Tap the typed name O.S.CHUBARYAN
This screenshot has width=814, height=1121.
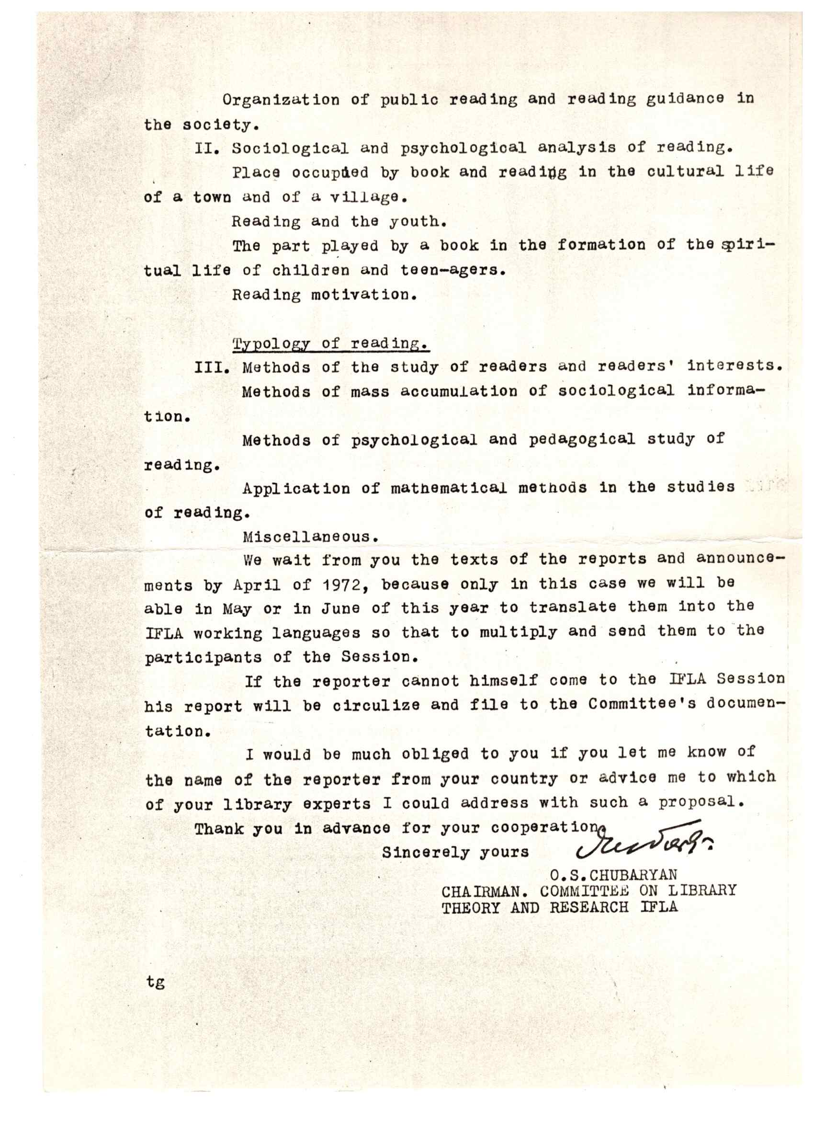[613, 875]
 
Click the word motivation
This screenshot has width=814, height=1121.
[364, 295]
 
